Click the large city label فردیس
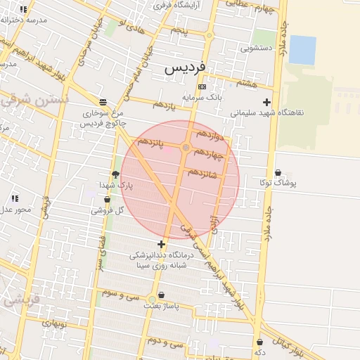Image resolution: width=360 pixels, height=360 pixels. coord(185,68)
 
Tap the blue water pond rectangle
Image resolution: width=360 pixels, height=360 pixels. coord(302,49)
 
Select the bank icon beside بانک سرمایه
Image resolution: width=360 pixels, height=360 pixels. coord(202,86)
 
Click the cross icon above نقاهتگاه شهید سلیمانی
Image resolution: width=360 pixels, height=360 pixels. coord(266,103)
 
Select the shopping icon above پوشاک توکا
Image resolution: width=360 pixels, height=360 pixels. coord(278,172)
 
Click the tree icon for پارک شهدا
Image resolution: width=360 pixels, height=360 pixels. coord(115,174)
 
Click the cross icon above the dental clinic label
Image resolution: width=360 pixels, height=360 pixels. coord(162,244)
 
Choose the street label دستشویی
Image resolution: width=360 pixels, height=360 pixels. coord(255,49)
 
